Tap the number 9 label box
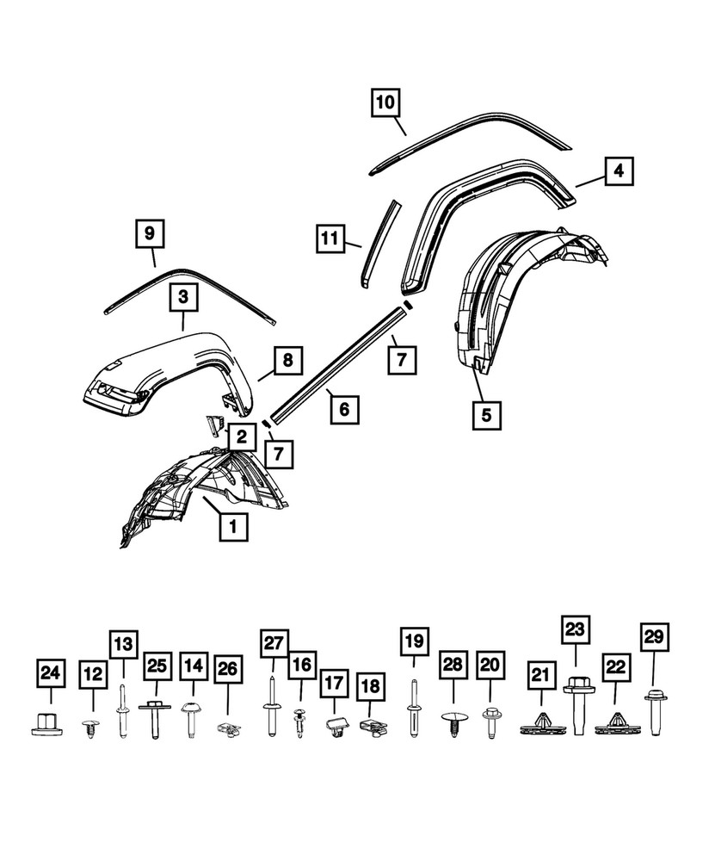tap(150, 232)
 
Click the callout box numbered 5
tap(487, 414)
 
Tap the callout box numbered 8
tap(288, 360)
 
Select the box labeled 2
tap(243, 437)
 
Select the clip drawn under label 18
tap(370, 728)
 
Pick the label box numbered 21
tap(539, 678)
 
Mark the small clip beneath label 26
tap(227, 728)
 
